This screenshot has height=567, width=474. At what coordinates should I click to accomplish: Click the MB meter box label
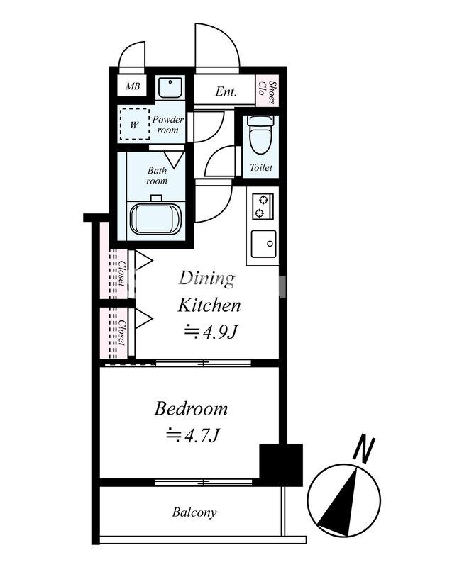[x=133, y=86]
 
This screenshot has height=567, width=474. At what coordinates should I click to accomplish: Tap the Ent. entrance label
[x=226, y=91]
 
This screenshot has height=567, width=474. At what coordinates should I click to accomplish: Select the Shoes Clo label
[x=268, y=91]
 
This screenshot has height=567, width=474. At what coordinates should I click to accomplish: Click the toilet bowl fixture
[x=260, y=135]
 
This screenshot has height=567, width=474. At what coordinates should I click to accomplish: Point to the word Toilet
[x=261, y=167]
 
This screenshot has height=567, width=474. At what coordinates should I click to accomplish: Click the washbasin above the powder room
[x=170, y=87]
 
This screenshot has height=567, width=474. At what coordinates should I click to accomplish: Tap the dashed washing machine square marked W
[x=134, y=125]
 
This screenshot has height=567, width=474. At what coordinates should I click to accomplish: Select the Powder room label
[x=167, y=125]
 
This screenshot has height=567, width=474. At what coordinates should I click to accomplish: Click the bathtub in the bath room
[x=155, y=219]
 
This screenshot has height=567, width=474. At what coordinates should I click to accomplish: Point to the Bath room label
[x=157, y=175]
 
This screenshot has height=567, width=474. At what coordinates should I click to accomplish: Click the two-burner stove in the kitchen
[x=263, y=206]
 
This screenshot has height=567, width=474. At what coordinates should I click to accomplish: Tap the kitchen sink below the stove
[x=264, y=244]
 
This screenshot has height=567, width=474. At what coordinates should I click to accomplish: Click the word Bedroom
[x=191, y=409]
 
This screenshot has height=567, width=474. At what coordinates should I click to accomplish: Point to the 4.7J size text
[x=192, y=435]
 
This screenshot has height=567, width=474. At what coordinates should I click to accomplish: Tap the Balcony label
[x=194, y=512]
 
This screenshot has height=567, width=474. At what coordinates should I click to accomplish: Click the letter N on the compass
[x=363, y=450]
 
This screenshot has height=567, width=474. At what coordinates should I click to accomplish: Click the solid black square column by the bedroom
[x=281, y=465]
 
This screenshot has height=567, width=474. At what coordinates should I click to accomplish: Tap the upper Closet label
[x=122, y=274]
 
